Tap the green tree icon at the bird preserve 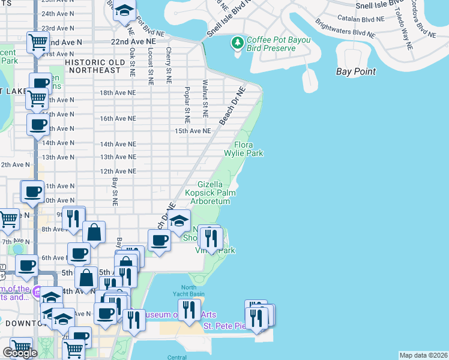(238, 43)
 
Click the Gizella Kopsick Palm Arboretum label (210, 193)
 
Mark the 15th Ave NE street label (193, 130)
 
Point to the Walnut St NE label (205, 98)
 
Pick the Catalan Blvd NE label (361, 19)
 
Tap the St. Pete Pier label (224, 326)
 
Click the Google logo (20, 353)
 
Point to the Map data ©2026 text (423, 355)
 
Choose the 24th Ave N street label (58, 13)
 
